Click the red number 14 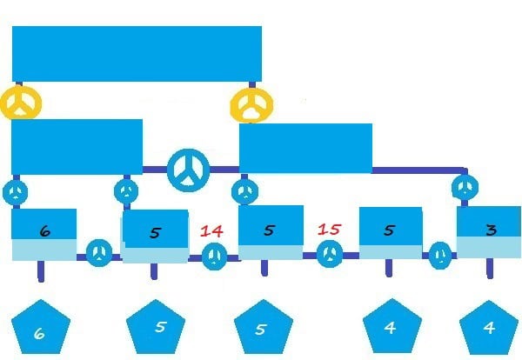coord(211,231)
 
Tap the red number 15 coord(329,230)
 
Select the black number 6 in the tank coord(45,231)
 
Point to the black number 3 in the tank coord(492,230)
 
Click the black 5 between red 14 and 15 coord(270,230)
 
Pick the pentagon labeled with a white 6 coord(41,327)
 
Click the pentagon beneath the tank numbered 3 coord(489,328)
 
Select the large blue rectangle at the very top coord(137,54)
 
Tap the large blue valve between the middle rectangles coord(189,170)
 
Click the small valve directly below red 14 coord(214,257)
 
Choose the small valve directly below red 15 coord(329,254)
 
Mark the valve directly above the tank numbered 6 coord(16,192)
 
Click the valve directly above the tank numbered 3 coord(465,187)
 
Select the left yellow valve coord(21,103)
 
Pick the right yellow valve coord(251,105)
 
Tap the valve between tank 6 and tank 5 coord(99,253)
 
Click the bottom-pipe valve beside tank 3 coord(440,256)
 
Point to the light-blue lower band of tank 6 coord(44,250)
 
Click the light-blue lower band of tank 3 coord(489,247)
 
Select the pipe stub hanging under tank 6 coord(41,271)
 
